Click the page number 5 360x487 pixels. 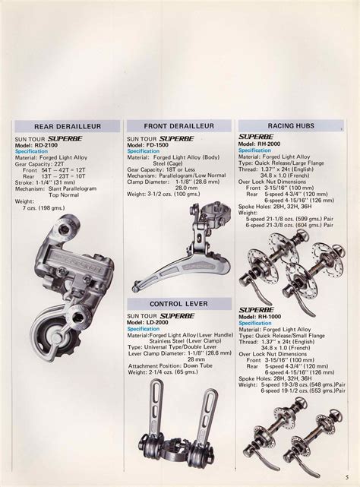pyautogui.click(x=346, y=476)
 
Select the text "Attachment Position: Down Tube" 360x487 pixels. pyautogui.click(x=174, y=365)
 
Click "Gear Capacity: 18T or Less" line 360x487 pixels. pyautogui.click(x=162, y=169)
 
